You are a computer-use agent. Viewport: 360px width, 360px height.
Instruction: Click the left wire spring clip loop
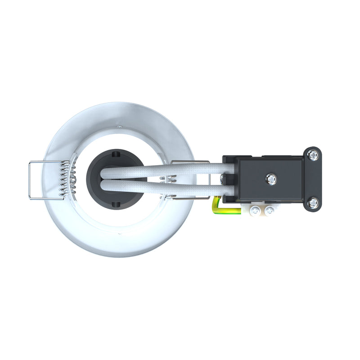click(x=31, y=180)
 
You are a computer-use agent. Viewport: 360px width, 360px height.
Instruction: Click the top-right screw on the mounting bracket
click(x=314, y=155)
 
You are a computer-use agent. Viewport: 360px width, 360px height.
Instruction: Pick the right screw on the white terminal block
click(x=269, y=210)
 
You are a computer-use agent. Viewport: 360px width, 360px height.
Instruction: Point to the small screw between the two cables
click(x=222, y=179)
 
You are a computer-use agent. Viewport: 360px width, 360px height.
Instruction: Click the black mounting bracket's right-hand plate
click(x=314, y=179)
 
